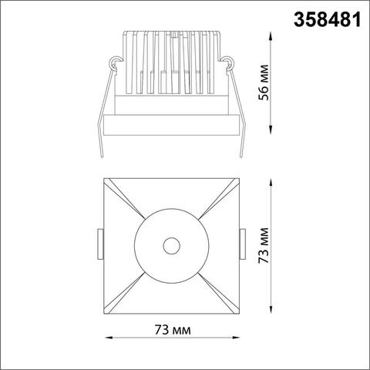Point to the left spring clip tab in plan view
coord(99,245)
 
